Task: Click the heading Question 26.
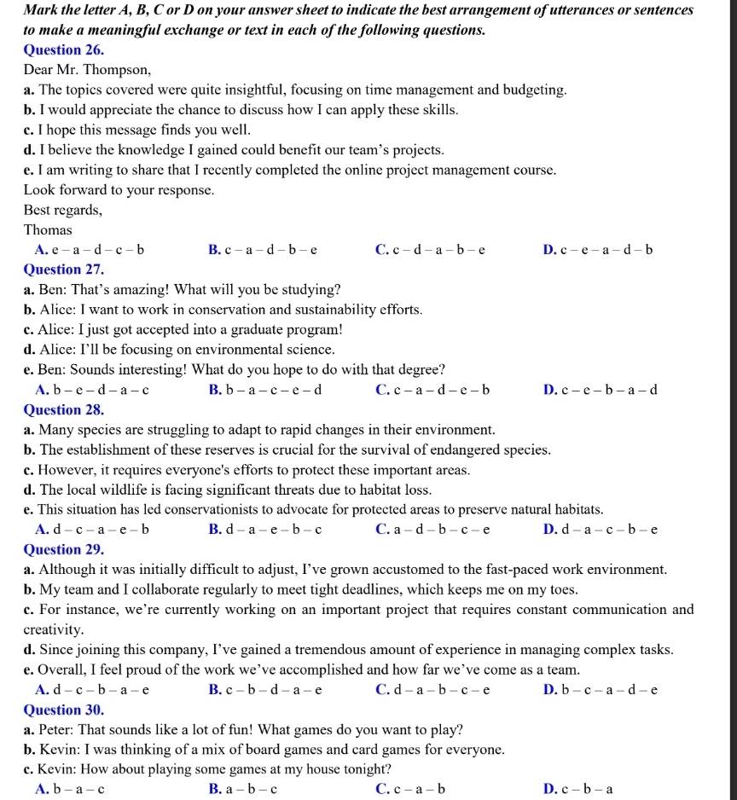(64, 49)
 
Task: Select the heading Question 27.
(64, 270)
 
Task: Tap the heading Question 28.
(64, 409)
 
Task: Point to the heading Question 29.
(64, 549)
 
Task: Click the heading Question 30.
(64, 710)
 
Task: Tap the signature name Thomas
(48, 230)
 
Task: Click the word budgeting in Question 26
(534, 90)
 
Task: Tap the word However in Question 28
(67, 470)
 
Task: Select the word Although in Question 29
(68, 570)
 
